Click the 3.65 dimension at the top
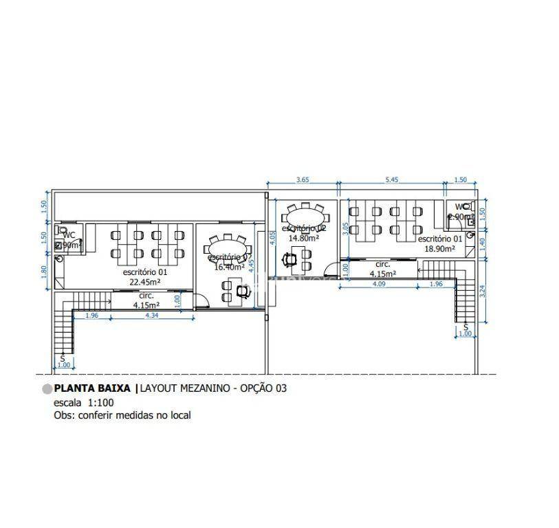[x=302, y=180]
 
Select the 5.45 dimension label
[x=391, y=180]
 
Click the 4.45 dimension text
[x=252, y=263]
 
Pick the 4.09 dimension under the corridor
[x=378, y=283]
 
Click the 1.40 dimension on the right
[x=482, y=243]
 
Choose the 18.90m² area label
[x=439, y=249]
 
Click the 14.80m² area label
[x=303, y=238]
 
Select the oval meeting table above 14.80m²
[x=303, y=208]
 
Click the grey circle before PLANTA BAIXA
[x=47, y=388]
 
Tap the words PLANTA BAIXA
[x=93, y=388]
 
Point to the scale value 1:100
[x=100, y=402]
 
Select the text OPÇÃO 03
[x=263, y=388]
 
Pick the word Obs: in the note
[x=64, y=415]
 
